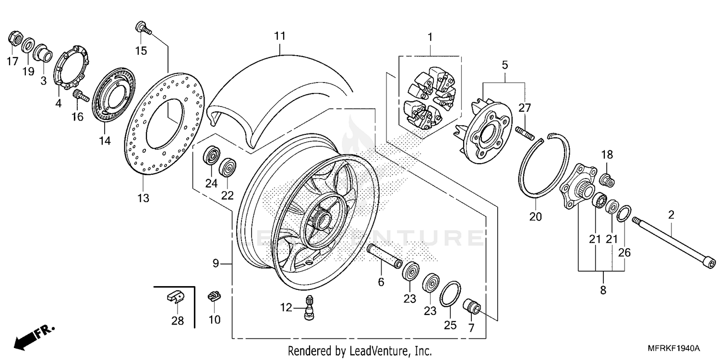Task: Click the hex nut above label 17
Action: pos(14,39)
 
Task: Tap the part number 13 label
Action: pos(144,198)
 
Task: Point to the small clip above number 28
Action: pos(176,297)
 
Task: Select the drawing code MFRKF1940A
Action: pos(677,348)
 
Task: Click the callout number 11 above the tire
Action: pos(280,36)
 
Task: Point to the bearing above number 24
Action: pos(212,157)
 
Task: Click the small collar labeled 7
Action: pos(471,307)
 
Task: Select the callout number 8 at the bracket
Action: pos(603,290)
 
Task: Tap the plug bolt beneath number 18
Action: pos(607,180)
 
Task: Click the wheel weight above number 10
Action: pos(214,296)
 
